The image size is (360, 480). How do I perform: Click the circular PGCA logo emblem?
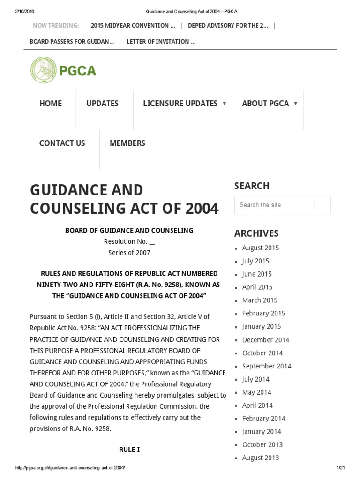click(x=43, y=70)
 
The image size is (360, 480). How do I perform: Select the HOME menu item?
click(x=51, y=104)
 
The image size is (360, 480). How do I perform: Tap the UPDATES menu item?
click(x=102, y=104)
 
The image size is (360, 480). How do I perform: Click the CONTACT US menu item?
click(x=62, y=143)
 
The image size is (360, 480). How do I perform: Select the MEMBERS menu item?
click(x=127, y=143)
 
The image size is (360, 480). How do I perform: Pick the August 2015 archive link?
click(x=260, y=248)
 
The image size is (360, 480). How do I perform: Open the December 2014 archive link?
click(x=265, y=340)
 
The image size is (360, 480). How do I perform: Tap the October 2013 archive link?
click(x=262, y=445)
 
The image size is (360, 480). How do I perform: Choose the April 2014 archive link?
click(x=257, y=405)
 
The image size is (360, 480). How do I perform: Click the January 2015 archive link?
click(x=261, y=327)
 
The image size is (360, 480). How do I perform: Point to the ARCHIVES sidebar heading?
click(x=256, y=233)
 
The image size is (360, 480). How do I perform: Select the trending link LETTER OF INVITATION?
click(x=161, y=41)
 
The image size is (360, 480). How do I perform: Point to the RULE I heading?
click(x=129, y=450)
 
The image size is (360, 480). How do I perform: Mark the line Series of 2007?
click(x=129, y=253)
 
